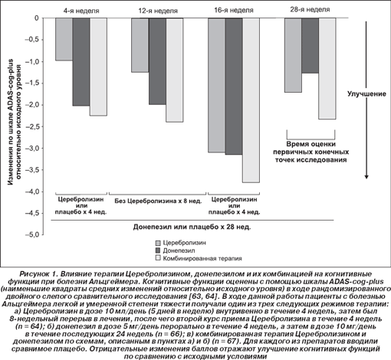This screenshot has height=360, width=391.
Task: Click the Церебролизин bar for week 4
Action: pos(64,39)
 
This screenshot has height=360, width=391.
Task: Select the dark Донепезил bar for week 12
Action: pos(157,61)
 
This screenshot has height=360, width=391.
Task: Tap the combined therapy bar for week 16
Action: pos(251,100)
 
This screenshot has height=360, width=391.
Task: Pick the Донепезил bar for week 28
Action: pos(310,46)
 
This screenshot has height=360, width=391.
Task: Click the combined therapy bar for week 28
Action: pos(327,68)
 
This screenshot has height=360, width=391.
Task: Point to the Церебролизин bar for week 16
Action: pos(217,85)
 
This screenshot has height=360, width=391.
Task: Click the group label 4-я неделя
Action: pos(81,11)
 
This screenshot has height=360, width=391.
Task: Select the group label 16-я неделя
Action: pos(234,11)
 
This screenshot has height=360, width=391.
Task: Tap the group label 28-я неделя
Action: pos(310,10)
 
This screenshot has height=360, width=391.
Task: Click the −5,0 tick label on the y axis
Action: pos(32,234)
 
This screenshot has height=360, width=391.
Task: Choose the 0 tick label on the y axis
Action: pos(37,18)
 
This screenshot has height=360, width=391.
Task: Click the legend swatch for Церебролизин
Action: pos(158,243)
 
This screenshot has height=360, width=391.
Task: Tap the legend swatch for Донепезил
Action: pos(158,250)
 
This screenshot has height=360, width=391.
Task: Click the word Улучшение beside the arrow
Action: pos(366,94)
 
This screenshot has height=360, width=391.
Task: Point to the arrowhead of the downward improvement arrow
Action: pos(366,177)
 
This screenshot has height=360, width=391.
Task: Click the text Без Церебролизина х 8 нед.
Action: pos(158,201)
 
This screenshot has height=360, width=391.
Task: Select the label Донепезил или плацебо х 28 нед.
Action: pos(192,227)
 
